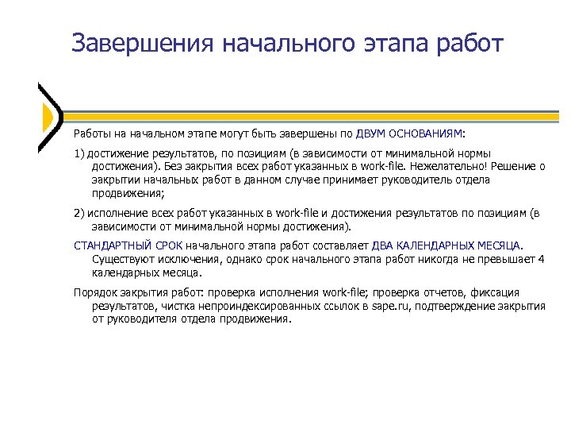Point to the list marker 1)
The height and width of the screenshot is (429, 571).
coord(79,153)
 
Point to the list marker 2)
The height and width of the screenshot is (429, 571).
coord(79,214)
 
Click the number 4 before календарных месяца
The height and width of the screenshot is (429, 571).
coord(541,259)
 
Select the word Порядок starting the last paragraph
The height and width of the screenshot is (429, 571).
coord(94,292)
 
